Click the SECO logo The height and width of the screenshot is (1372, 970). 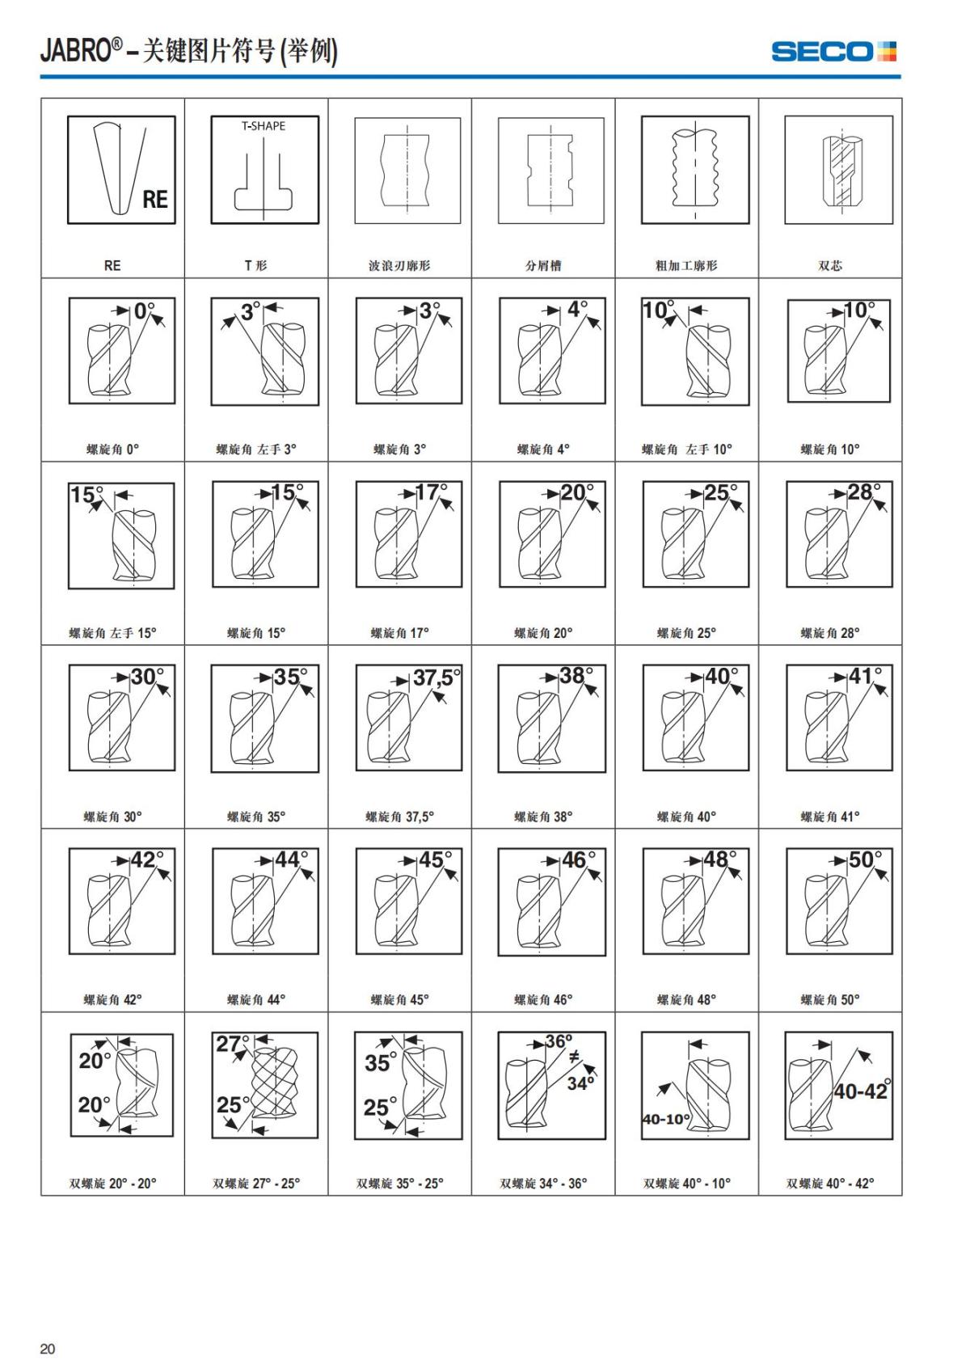click(x=833, y=52)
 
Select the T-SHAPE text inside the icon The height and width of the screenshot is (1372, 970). click(x=264, y=126)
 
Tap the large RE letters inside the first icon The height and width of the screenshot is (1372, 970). click(x=155, y=199)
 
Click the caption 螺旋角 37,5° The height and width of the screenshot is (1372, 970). click(x=399, y=817)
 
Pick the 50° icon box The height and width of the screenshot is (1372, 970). click(x=839, y=901)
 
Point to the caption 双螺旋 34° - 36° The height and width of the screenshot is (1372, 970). click(x=543, y=1184)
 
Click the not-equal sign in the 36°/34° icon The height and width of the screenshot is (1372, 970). click(x=574, y=1057)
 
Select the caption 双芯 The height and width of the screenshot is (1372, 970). click(x=830, y=265)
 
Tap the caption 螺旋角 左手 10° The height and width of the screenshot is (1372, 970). click(x=686, y=449)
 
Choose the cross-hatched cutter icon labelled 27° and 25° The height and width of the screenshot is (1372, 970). click(x=264, y=1085)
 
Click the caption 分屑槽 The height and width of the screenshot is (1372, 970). click(x=543, y=265)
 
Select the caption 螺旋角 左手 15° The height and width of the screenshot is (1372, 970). click(x=112, y=633)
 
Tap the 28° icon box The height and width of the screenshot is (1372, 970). click(x=839, y=534)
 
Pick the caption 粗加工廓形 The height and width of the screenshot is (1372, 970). click(x=686, y=265)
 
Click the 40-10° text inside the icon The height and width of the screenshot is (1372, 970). click(x=666, y=1118)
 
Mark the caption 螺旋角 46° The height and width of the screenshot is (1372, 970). click(x=543, y=999)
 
